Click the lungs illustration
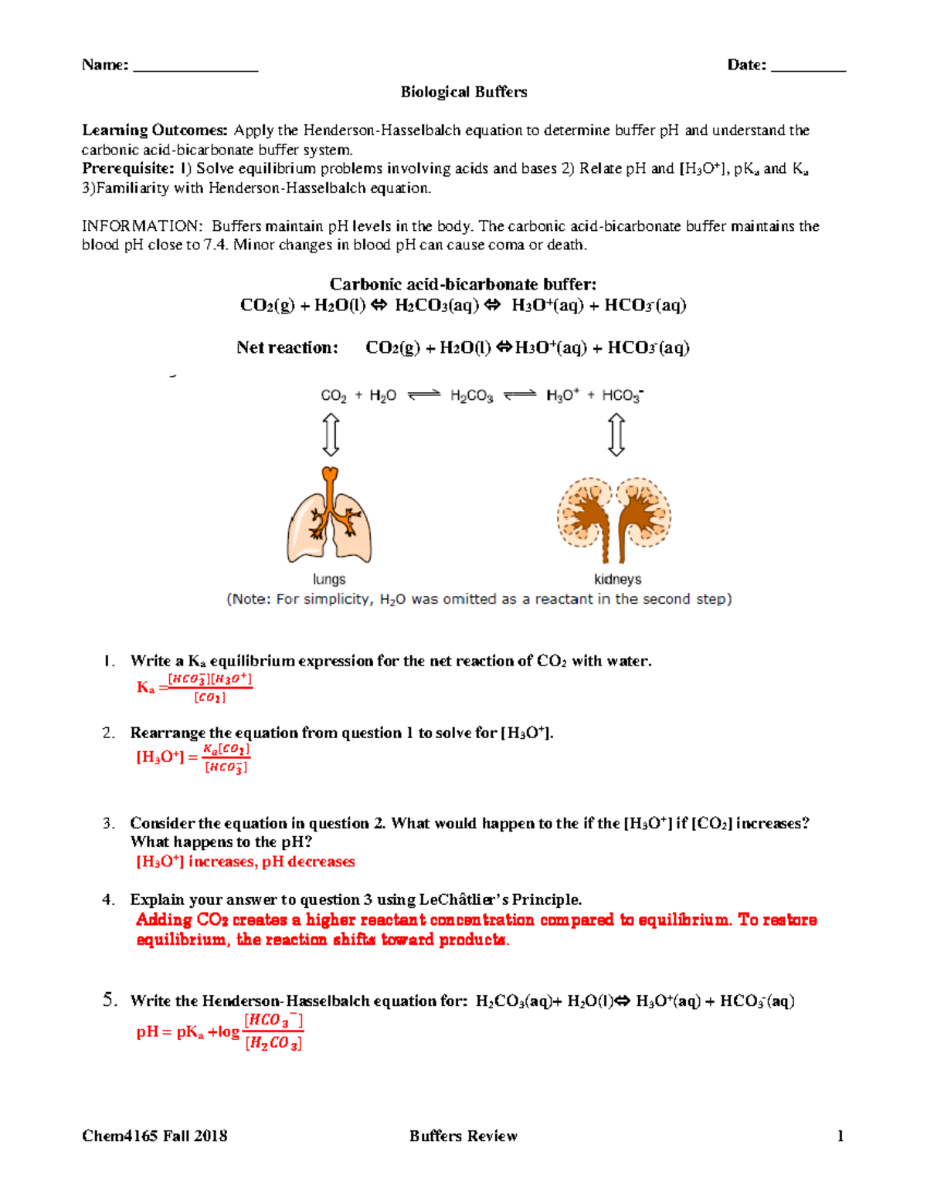(x=330, y=517)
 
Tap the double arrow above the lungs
(x=331, y=435)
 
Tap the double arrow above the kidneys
(x=616, y=435)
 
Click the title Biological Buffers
(x=463, y=92)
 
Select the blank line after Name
(x=195, y=66)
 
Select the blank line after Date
(x=808, y=66)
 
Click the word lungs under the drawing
(x=329, y=579)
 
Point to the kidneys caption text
(x=617, y=579)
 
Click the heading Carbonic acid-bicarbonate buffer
(x=463, y=284)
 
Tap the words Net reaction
(x=287, y=347)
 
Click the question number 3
(x=108, y=823)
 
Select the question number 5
(x=110, y=1000)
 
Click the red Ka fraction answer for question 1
(x=195, y=687)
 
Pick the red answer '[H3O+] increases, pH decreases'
(x=246, y=862)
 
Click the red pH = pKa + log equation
(x=220, y=1031)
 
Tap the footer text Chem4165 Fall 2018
(x=154, y=1136)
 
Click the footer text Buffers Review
(x=463, y=1136)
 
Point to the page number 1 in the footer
(x=840, y=1136)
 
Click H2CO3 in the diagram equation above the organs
(x=471, y=396)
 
